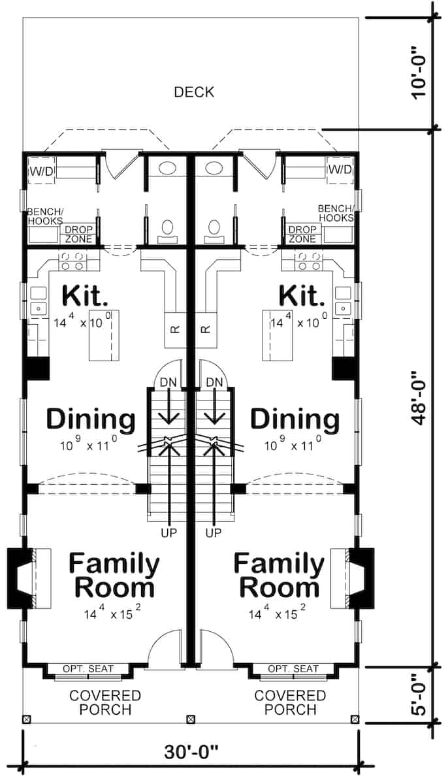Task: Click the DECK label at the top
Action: (194, 92)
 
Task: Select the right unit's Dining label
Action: (295, 419)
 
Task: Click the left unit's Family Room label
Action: (114, 575)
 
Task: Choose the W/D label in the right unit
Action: (340, 170)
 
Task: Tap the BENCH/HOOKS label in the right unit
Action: (336, 213)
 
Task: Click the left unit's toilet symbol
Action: (168, 229)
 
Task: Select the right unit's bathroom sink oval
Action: (214, 168)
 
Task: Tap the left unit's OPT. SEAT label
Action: (88, 668)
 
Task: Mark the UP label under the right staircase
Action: (213, 533)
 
